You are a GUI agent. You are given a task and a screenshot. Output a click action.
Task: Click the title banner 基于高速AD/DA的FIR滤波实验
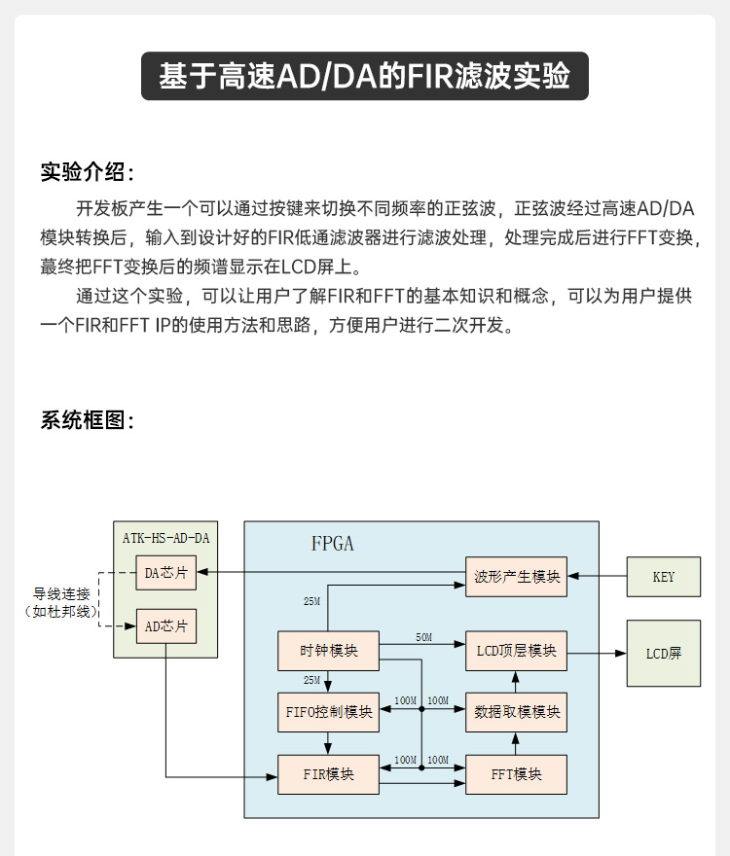[365, 77]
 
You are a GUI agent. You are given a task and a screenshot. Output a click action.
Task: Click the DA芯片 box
[165, 573]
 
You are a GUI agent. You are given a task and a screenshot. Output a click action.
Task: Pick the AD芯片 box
[165, 626]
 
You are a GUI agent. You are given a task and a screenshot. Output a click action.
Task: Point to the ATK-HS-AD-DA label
[165, 537]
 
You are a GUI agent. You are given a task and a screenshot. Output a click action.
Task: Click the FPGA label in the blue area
[333, 544]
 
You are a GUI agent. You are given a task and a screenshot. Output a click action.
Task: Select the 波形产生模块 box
[516, 576]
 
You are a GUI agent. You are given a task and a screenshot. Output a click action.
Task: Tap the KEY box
[663, 577]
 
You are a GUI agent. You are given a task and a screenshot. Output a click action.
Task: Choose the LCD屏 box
[663, 653]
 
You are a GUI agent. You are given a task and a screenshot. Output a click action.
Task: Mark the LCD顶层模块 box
[516, 651]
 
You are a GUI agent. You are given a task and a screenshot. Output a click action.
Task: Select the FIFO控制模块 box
[329, 711]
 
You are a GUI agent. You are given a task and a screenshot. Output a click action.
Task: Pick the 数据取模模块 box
[516, 711]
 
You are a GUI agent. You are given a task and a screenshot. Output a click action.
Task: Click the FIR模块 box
[328, 775]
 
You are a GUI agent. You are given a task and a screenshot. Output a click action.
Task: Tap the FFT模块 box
[516, 775]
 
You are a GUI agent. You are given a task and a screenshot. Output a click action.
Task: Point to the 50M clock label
[423, 637]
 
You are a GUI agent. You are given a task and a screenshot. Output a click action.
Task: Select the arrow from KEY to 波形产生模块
[597, 577]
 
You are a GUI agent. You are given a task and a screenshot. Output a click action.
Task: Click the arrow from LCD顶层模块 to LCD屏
[596, 652]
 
